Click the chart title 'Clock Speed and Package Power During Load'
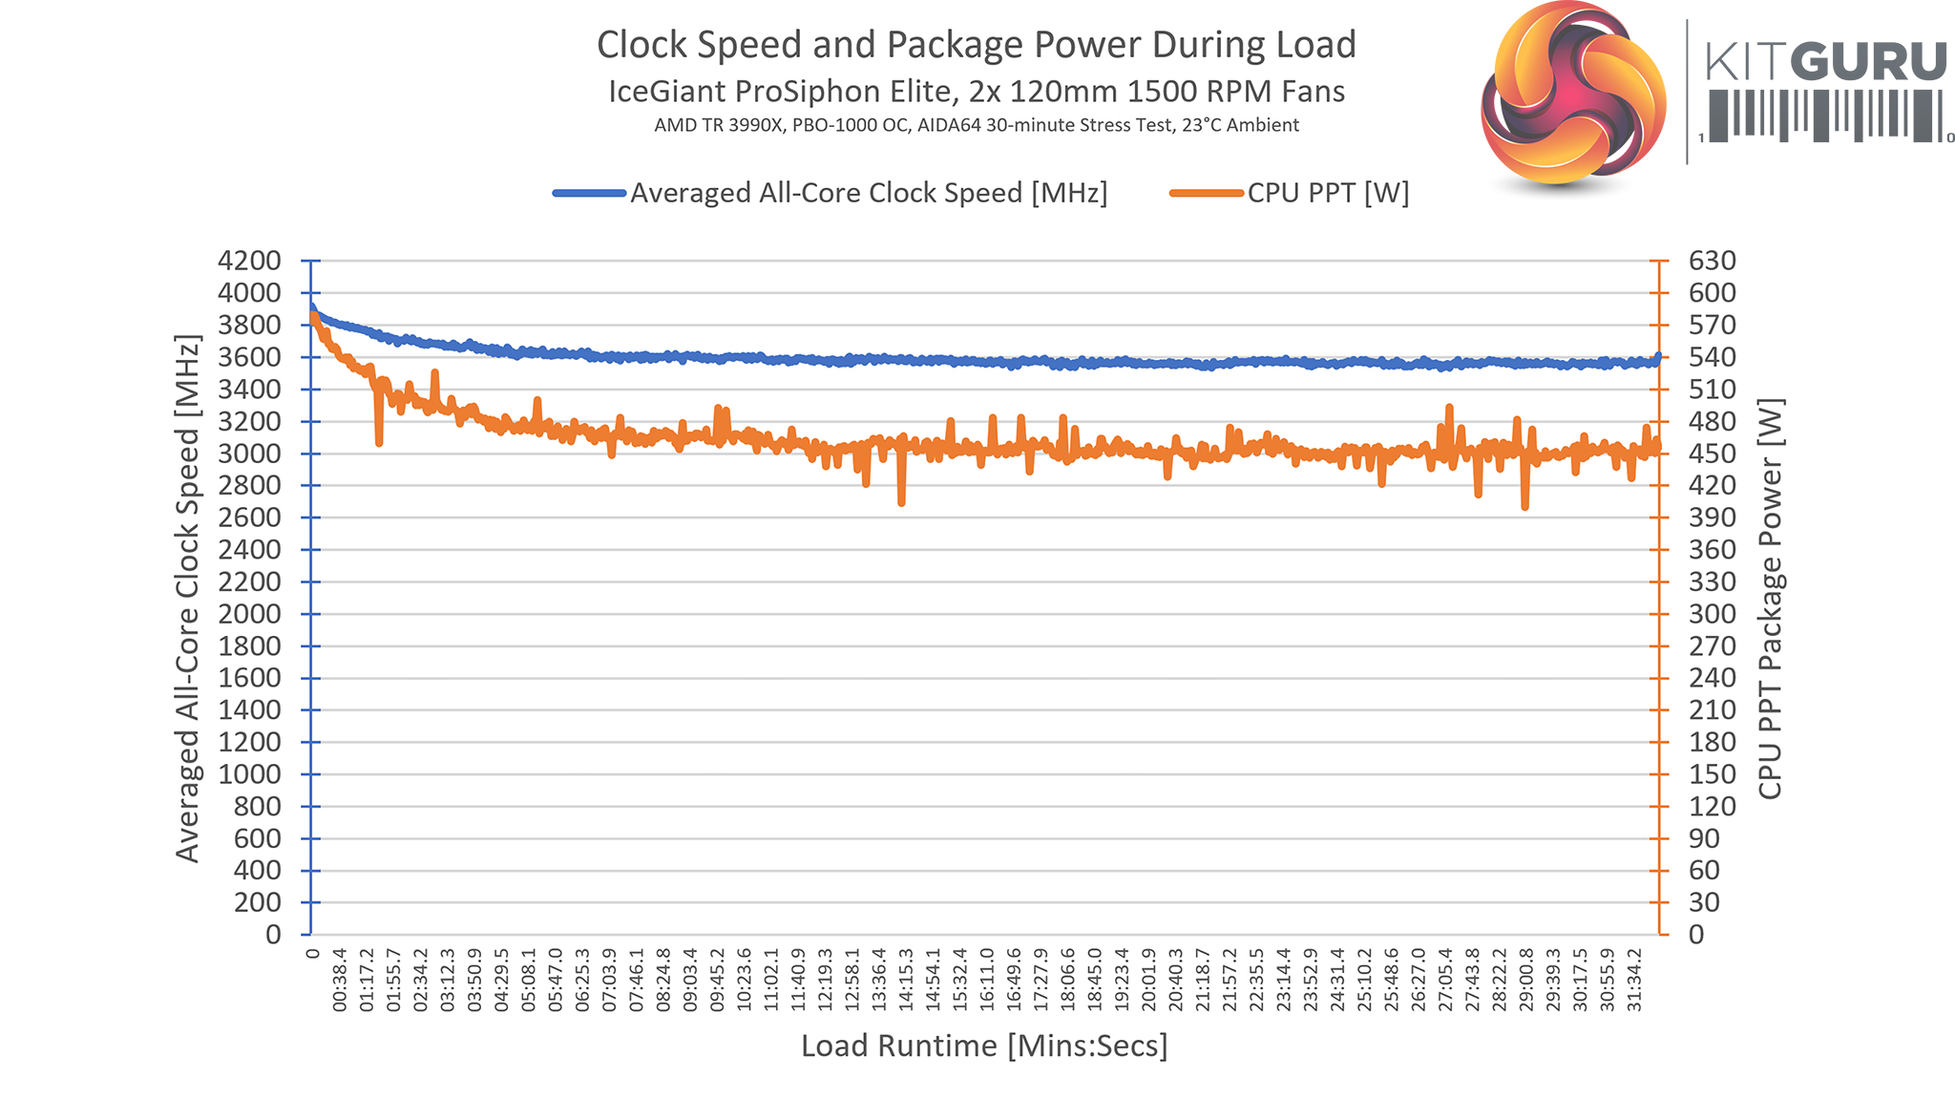pos(976,45)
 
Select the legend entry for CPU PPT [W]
pos(1327,193)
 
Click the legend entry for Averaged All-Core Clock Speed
pos(868,193)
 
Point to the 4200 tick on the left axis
pos(249,261)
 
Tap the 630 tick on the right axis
pos(1713,261)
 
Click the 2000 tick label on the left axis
pos(249,614)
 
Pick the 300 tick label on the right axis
pos(1713,614)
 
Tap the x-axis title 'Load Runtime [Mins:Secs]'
pos(984,1046)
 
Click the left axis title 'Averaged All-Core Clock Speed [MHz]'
pos(188,598)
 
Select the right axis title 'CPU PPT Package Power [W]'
pos(1770,598)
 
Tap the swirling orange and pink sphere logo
pos(1573,95)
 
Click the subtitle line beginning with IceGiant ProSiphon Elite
pos(976,92)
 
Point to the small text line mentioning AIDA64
pos(976,125)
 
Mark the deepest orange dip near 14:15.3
pos(901,501)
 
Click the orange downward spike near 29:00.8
pos(1524,506)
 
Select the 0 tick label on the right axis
pos(1696,935)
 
